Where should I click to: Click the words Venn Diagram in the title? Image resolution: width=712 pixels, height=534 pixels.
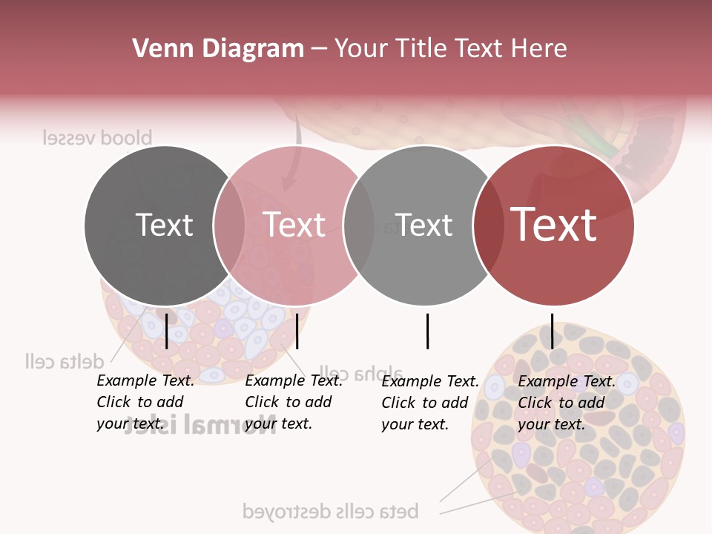218,49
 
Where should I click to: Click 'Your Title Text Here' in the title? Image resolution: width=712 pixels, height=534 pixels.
451,49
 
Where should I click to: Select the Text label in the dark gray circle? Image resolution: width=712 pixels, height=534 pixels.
164,225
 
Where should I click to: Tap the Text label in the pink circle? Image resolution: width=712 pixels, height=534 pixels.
294,225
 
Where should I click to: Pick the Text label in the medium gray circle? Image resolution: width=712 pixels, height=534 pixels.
423,225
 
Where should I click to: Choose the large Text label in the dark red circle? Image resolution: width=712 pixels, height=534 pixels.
553,225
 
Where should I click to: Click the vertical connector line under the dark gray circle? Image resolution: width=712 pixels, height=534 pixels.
167,331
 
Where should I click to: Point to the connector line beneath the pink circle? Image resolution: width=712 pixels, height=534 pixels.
297,331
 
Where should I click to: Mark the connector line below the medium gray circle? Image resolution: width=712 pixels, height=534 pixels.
427,331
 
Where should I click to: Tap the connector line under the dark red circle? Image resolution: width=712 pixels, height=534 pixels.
552,331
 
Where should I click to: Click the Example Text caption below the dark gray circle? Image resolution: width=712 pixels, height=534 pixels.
145,402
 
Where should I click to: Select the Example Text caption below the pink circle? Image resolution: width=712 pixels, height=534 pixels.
293,402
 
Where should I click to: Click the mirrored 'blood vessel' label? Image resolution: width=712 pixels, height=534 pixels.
97,138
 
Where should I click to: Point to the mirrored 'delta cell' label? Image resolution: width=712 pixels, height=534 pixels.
64,361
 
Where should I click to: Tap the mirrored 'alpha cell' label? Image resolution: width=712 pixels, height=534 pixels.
361,372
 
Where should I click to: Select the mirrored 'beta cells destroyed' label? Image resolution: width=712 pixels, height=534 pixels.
331,511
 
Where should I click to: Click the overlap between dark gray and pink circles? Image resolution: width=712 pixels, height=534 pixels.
229,225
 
